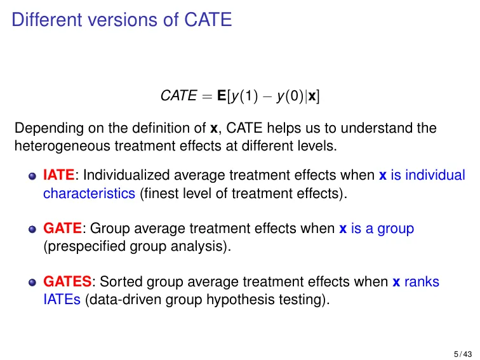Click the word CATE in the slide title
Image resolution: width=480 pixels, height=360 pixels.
point(208,20)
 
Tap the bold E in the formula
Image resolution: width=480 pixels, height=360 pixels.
point(222,95)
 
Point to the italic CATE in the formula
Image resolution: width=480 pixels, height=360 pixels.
point(179,95)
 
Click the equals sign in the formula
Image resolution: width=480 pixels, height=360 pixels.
point(207,96)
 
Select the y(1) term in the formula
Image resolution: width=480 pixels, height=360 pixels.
point(244,96)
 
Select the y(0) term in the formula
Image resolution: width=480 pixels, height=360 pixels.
point(290,96)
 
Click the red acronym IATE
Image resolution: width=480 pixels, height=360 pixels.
point(59,175)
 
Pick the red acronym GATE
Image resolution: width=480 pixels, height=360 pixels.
point(62,229)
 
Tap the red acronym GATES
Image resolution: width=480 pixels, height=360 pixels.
point(67,281)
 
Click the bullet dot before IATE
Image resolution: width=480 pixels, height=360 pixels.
point(32,176)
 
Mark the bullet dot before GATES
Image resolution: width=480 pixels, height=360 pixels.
point(32,283)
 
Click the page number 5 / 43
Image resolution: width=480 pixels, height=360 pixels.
point(463,354)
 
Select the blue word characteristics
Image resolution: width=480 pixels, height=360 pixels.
point(89,194)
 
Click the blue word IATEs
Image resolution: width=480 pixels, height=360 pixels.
point(62,300)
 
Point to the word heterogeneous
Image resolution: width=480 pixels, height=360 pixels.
point(62,146)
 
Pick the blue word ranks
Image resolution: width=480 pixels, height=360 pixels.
point(422,282)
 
